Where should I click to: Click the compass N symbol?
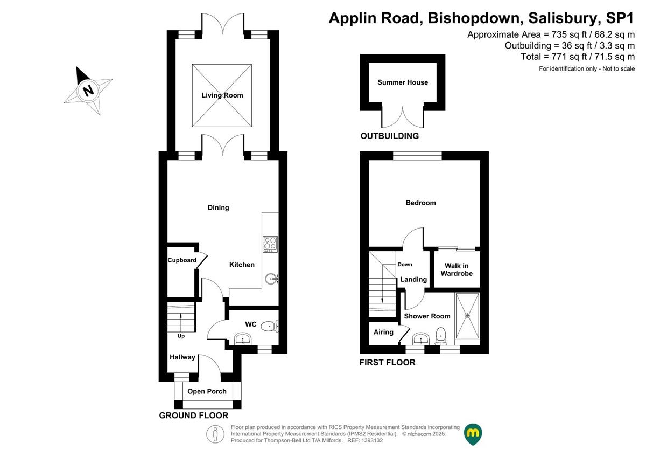[x=88, y=90]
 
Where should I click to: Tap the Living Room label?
[x=222, y=95]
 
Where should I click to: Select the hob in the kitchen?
[x=270, y=244]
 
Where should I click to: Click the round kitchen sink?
[x=271, y=279]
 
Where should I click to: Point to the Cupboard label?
[x=182, y=260]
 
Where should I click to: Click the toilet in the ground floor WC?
[x=268, y=326]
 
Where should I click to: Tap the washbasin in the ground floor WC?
[x=243, y=339]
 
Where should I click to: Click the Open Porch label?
[x=207, y=391]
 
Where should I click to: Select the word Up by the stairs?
[x=181, y=336]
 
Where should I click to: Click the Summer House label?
[x=403, y=82]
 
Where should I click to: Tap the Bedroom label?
[x=420, y=203]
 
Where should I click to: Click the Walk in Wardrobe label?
[x=457, y=269]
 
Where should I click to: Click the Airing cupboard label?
[x=383, y=332]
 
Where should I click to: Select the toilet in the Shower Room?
[x=441, y=335]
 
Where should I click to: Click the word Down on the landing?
[x=405, y=265]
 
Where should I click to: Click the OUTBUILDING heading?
[x=390, y=136]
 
